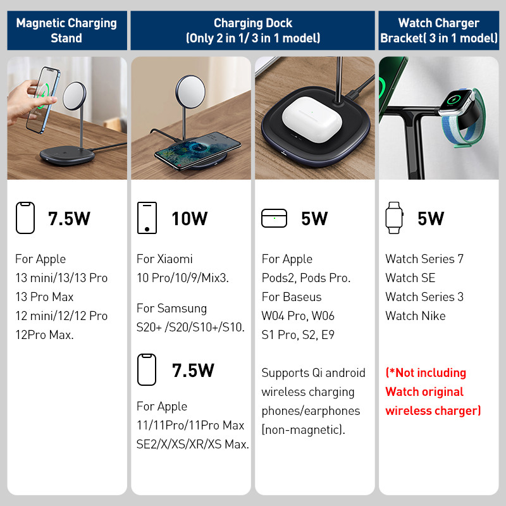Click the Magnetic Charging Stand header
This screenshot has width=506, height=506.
67,30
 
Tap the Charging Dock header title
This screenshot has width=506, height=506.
252,30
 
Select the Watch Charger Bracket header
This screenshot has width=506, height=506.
438,30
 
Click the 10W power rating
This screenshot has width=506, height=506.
189,218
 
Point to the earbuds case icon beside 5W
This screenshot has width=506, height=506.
274,218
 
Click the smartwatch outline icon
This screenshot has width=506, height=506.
394,218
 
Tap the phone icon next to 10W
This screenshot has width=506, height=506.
147,218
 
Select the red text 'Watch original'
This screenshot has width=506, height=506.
424,392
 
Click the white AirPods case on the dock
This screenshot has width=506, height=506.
311,119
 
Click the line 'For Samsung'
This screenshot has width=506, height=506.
171,309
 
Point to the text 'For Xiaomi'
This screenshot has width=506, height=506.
164,259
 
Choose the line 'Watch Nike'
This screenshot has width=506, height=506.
416,316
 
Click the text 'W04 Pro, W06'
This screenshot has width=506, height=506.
298,316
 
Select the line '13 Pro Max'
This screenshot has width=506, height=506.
44,297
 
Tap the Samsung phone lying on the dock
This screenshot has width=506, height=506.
197,151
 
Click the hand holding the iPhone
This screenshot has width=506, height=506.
28,102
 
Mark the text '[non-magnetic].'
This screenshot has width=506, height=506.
304,430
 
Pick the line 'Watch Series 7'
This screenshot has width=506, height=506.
424,259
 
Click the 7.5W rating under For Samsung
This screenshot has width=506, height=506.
193,370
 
